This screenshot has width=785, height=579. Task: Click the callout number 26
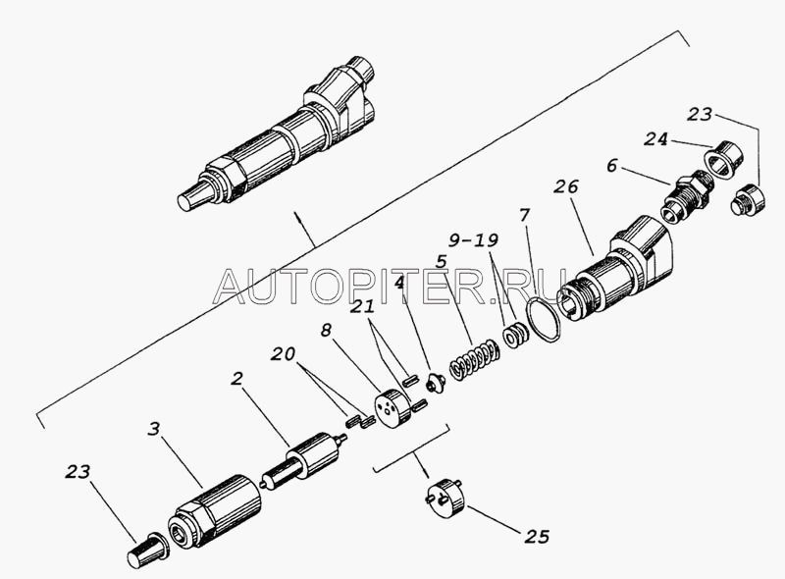566,186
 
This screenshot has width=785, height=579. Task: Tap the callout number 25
537,537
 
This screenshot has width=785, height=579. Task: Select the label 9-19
473,240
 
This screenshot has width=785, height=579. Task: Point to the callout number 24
655,138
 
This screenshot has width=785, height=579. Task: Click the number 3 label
154,429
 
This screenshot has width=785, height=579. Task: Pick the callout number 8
327,331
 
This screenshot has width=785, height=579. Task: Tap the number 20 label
284,354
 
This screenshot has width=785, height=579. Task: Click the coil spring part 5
474,357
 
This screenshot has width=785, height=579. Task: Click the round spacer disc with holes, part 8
391,407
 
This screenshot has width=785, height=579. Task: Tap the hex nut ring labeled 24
723,158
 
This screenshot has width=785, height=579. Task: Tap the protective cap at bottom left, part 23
148,551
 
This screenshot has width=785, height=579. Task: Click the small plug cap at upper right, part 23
748,200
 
